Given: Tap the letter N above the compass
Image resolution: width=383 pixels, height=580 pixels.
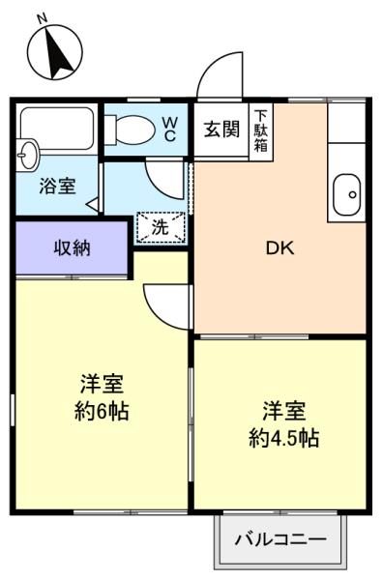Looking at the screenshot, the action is pos(43,18).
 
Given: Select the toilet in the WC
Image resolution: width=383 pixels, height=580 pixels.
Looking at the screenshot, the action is pos(130,130).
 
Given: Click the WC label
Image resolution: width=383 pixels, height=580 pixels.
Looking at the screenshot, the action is pos(170,130).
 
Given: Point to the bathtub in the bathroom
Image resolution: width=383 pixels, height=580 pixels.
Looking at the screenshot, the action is pos(57,128).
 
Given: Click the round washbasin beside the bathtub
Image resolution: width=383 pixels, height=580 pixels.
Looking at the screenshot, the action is pos(27,155).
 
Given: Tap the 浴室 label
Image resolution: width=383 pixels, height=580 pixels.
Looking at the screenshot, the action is pos(58,186).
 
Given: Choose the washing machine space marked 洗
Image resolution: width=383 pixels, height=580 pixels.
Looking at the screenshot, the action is pos(161,227).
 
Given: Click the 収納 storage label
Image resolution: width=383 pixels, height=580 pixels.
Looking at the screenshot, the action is pos(73,247).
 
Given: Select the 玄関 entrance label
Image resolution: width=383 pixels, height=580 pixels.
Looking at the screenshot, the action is pos(222,130).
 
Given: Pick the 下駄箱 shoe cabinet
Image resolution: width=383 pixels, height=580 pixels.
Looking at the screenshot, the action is pos(261,131).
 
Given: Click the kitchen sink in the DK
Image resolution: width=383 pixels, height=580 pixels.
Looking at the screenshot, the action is pos(346,194).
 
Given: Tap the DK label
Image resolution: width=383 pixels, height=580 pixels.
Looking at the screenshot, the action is pos(280,248).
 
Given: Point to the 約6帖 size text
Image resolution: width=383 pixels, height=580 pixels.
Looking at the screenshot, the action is pos(102,411).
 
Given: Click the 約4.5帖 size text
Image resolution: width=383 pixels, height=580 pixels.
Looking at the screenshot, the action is pos(283,438).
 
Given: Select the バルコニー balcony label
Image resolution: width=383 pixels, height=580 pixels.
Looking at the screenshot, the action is pos(280,539).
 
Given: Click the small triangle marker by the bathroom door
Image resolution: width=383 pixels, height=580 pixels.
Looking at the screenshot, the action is pos(93,204).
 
